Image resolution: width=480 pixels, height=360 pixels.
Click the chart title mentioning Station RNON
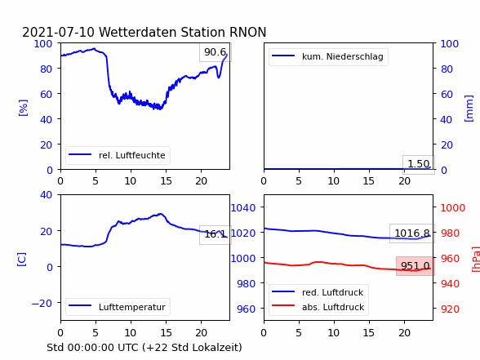(144, 32)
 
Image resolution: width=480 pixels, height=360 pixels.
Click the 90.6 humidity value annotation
(216, 52)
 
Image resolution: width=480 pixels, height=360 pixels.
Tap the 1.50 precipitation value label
(419, 164)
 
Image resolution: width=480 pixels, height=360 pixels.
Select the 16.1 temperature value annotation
(216, 234)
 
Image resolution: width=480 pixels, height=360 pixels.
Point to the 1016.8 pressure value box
(412, 233)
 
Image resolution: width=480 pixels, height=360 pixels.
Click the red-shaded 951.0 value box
(416, 266)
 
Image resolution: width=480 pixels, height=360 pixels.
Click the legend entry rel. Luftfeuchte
(118, 155)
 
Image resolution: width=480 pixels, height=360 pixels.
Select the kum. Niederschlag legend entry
(328, 56)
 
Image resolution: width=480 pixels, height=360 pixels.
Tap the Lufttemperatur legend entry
(118, 307)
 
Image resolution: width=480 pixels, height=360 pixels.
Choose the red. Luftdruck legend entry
(318, 292)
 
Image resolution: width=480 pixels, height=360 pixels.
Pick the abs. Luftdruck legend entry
(318, 307)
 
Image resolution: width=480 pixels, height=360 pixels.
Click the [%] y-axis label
(23, 108)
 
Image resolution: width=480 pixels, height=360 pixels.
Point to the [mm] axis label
(469, 109)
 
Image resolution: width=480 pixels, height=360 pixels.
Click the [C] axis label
(22, 259)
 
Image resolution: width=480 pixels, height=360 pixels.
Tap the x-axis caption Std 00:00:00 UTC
(144, 348)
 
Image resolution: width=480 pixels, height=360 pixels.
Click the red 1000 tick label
(453, 208)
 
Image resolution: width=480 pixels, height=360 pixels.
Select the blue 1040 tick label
(243, 208)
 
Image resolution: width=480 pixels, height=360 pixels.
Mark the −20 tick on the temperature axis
(42, 304)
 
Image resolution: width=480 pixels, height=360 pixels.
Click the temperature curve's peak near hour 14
(160, 214)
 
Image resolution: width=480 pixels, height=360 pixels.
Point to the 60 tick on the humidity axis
(46, 94)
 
